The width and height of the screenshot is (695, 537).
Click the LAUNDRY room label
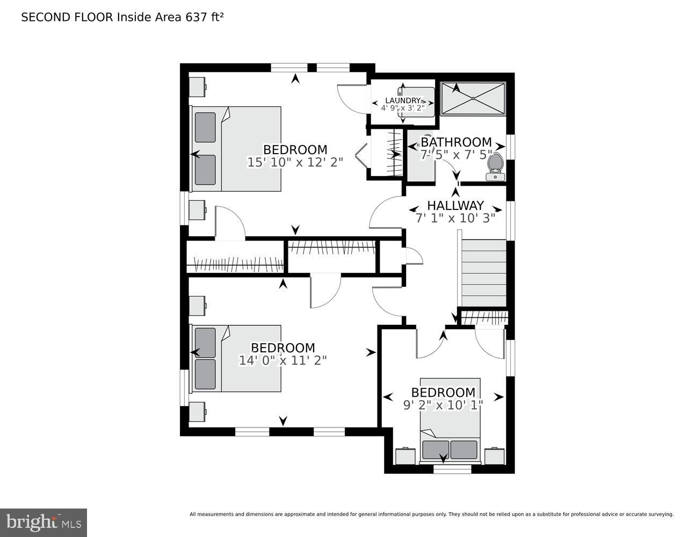click(402, 100)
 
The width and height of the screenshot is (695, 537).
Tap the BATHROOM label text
click(455, 142)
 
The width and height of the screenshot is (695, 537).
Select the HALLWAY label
click(455, 206)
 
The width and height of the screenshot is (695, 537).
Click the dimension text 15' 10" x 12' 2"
click(295, 162)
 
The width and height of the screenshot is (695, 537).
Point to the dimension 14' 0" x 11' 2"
click(283, 360)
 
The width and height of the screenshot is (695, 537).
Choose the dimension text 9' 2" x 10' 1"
click(443, 405)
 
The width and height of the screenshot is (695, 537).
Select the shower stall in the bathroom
click(473, 98)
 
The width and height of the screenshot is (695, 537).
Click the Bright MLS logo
click(44, 523)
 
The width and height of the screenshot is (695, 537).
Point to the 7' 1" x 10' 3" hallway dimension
click(455, 218)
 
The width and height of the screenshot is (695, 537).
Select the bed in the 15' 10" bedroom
click(236, 149)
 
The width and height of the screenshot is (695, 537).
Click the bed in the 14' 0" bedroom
click(236, 358)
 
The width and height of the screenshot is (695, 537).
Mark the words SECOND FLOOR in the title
click(67, 17)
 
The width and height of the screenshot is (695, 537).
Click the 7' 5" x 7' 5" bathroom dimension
click(455, 155)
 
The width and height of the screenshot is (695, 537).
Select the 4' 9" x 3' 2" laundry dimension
click(402, 108)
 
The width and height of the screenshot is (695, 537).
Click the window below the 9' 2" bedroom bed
click(452, 469)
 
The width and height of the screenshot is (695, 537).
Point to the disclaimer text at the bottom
click(431, 514)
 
